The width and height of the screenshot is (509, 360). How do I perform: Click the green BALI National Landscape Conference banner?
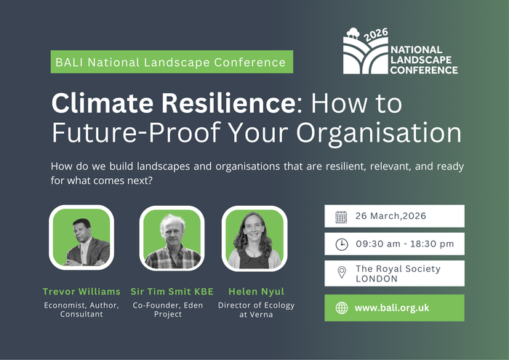(172, 62)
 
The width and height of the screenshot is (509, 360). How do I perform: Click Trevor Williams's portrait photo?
(81, 238)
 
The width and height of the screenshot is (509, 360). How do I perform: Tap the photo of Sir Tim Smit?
(172, 238)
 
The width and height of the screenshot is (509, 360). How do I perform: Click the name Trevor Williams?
(81, 291)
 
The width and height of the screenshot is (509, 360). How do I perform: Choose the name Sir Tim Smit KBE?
(172, 291)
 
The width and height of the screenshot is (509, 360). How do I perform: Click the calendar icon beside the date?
(341, 216)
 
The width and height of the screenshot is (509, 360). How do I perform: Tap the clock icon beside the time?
(341, 244)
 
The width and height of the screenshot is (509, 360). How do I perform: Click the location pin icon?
(341, 273)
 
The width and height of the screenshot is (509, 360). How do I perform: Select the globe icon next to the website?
(341, 308)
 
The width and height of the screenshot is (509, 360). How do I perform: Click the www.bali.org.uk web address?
(392, 308)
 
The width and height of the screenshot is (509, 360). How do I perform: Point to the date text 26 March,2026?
(390, 216)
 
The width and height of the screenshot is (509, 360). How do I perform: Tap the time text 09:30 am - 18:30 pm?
(404, 244)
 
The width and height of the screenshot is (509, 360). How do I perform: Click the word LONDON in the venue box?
(377, 279)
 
